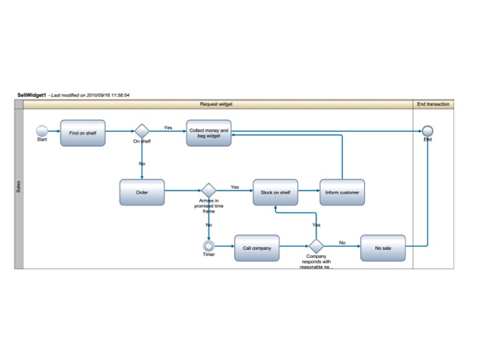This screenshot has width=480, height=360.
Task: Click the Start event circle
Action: click(x=42, y=131)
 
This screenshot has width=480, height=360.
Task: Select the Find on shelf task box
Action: click(x=83, y=133)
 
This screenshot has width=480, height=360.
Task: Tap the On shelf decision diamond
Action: click(x=141, y=131)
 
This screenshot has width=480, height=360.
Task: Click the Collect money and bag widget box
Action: click(x=209, y=133)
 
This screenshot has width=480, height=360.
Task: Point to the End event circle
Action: click(x=427, y=131)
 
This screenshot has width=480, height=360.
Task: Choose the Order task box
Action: click(x=141, y=193)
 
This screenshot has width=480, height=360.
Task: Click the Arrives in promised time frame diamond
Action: click(x=209, y=191)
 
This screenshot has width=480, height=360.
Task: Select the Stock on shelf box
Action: click(x=275, y=193)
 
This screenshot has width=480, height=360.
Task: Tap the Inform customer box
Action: click(x=342, y=193)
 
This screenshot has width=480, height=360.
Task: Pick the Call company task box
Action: click(x=257, y=248)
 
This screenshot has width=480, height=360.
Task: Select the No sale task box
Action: click(x=383, y=248)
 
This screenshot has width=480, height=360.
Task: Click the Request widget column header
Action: click(x=216, y=104)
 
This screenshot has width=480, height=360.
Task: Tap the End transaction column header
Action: click(x=433, y=104)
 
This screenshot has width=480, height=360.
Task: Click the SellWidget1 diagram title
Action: click(x=32, y=95)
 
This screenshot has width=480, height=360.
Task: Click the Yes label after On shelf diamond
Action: click(x=168, y=127)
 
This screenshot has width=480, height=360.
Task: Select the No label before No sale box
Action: click(x=342, y=243)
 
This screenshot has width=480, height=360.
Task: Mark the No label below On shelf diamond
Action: click(x=141, y=163)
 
